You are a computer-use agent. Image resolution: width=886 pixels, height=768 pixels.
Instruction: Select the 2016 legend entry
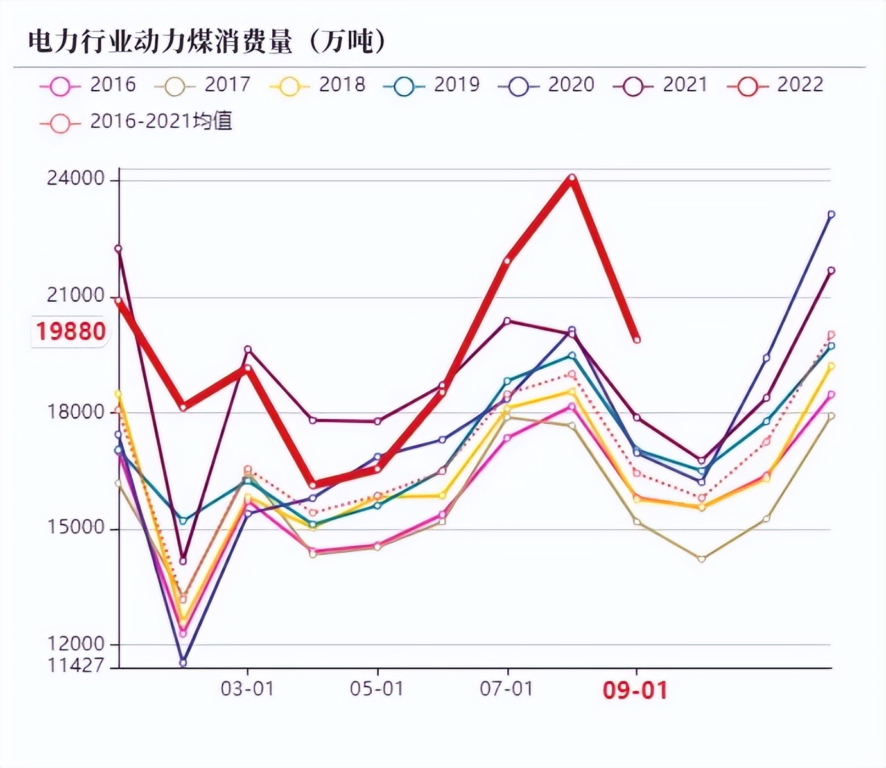(89, 85)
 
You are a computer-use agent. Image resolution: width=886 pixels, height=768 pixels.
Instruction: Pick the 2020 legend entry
(547, 85)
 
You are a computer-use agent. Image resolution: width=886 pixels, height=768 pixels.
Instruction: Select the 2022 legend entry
(776, 85)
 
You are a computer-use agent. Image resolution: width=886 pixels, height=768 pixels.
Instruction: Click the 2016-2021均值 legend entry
(137, 121)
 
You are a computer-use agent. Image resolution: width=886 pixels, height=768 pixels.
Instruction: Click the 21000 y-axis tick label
(76, 295)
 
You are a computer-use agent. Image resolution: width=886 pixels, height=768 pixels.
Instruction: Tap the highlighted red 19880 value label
(71, 331)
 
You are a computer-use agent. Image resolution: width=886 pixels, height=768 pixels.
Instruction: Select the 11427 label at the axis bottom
(76, 665)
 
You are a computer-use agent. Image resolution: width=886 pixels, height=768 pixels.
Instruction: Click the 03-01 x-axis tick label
(247, 689)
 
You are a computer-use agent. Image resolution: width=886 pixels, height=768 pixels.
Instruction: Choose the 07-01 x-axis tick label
(507, 689)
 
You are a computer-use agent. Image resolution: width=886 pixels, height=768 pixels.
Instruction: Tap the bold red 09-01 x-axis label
(636, 690)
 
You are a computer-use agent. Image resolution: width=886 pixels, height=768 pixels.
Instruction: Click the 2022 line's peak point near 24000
(571, 177)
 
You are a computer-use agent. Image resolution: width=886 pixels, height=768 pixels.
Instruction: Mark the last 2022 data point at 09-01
(637, 340)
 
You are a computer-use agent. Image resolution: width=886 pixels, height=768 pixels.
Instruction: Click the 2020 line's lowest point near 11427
(183, 663)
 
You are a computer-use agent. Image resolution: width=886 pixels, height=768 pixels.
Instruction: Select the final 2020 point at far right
(831, 214)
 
